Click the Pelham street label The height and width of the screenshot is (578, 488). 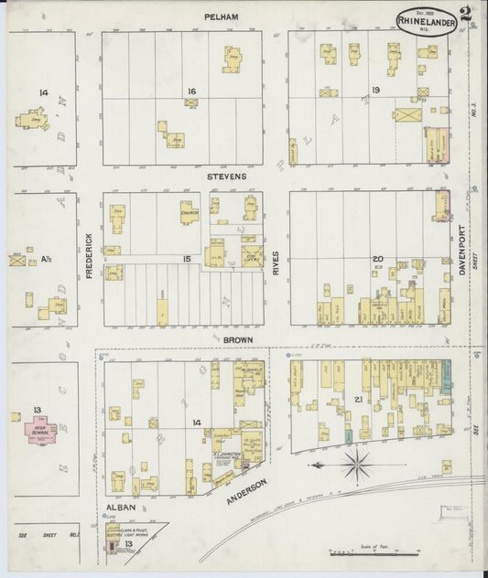tap(222, 16)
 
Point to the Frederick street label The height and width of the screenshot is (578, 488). tap(90, 255)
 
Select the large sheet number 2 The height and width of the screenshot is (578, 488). tap(467, 14)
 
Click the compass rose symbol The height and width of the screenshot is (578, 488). tap(356, 465)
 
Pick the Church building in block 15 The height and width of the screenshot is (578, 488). tap(190, 213)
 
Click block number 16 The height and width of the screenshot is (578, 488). tap(191, 91)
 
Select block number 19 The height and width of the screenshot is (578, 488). tap(375, 91)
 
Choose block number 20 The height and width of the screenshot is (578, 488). tap(376, 260)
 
